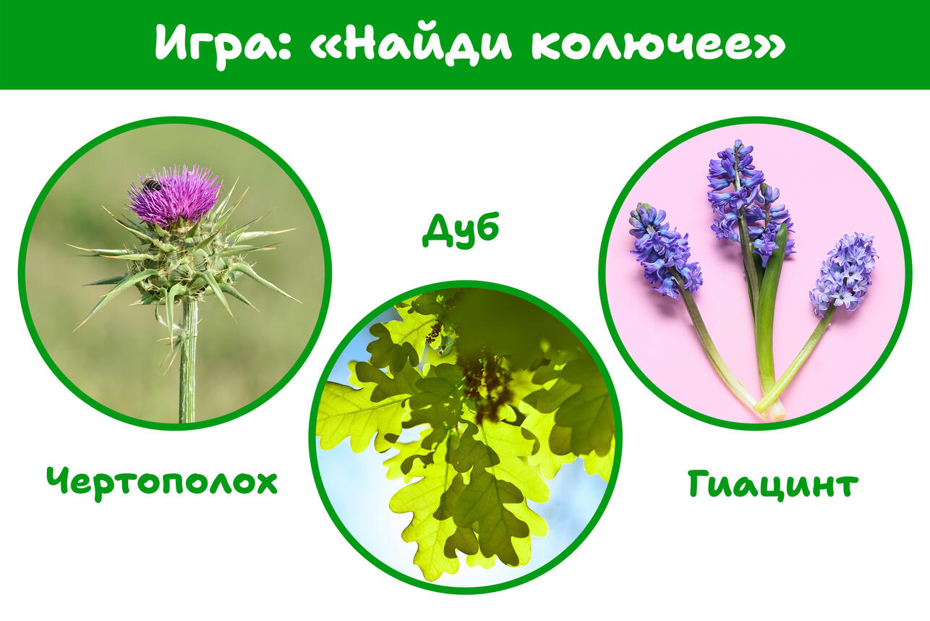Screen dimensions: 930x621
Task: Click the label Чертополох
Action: tap(161, 483)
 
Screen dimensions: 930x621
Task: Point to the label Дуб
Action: tap(461, 230)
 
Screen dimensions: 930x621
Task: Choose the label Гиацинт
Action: tap(772, 483)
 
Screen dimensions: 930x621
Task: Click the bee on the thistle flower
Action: tap(152, 183)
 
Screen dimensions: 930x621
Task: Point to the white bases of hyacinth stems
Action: tap(771, 409)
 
